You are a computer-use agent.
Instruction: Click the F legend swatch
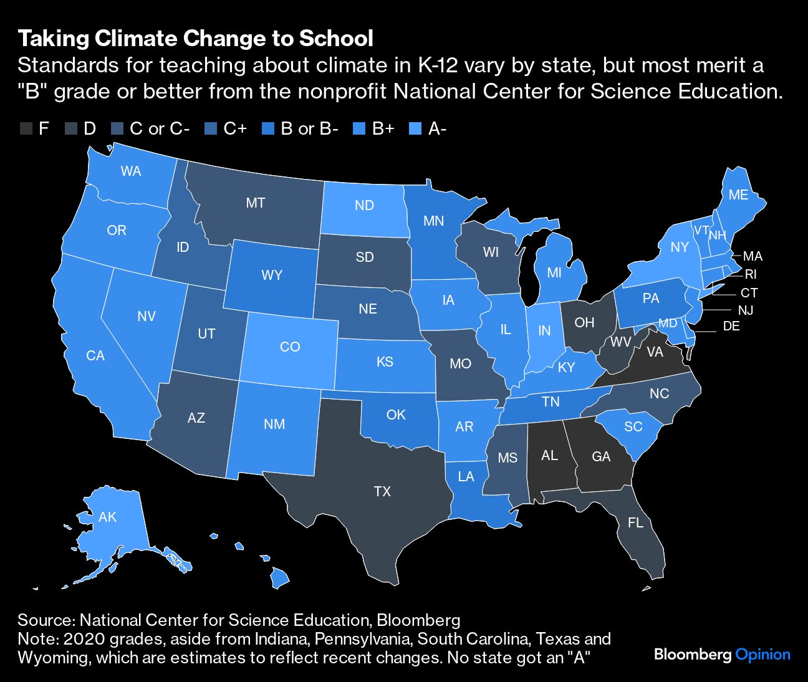26,129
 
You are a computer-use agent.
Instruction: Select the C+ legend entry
235,129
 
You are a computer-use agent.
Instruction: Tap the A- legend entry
437,129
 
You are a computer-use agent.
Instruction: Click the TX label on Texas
382,491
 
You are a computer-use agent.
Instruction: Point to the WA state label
131,171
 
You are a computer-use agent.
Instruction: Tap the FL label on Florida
635,522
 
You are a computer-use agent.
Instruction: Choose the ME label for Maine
738,195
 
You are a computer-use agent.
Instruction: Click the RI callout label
751,274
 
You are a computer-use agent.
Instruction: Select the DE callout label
731,325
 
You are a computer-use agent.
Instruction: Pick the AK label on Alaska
108,517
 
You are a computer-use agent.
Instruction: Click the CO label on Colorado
290,347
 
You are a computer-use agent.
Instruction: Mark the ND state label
364,205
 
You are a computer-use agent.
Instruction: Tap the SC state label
633,426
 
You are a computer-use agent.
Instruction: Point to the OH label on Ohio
584,322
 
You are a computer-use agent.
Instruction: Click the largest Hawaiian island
280,579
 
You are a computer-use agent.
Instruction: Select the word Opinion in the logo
762,655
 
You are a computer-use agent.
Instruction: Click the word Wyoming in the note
53,658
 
